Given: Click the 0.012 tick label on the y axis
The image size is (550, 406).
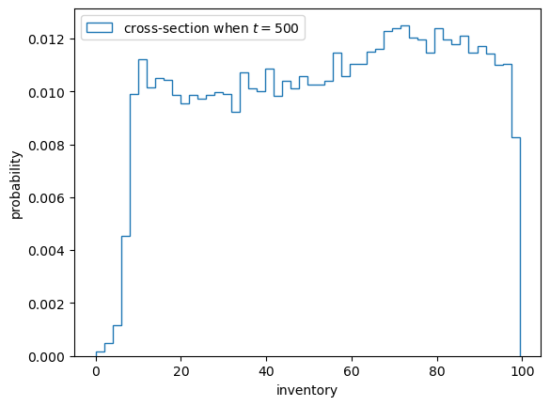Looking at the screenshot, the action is pyautogui.click(x=46, y=39).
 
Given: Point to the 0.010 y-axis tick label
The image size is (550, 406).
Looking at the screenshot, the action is pyautogui.click(x=46, y=93).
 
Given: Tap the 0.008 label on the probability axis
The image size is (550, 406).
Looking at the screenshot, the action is pyautogui.click(x=46, y=146).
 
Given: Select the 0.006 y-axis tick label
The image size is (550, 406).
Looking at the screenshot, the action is pyautogui.click(x=46, y=198).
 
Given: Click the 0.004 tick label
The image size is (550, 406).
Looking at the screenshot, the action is pyautogui.click(x=46, y=251).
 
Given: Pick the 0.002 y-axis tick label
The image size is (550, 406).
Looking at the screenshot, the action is pyautogui.click(x=46, y=304).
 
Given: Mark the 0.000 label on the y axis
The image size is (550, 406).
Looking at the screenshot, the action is pyautogui.click(x=46, y=357).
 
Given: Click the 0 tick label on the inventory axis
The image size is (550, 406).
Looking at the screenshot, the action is pyautogui.click(x=96, y=371).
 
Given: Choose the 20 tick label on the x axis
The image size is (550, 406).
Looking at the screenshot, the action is pyautogui.click(x=181, y=371).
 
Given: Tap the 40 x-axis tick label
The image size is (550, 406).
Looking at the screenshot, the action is pyautogui.click(x=266, y=371).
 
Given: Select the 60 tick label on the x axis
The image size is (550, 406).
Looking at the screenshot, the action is pyautogui.click(x=352, y=371).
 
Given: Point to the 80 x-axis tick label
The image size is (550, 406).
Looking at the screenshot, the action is pyautogui.click(x=436, y=371).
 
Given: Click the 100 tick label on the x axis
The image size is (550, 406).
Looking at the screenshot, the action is pyautogui.click(x=523, y=371).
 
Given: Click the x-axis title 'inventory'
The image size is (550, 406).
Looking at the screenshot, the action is pyautogui.click(x=306, y=391).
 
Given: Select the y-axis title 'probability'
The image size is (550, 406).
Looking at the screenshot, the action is pyautogui.click(x=16, y=185).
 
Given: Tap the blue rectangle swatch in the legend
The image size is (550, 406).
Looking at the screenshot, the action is pyautogui.click(x=100, y=28).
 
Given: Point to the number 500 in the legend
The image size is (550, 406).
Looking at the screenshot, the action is pyautogui.click(x=287, y=28).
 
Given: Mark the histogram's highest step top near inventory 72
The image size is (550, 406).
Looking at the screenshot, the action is pyautogui.click(x=405, y=25).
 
